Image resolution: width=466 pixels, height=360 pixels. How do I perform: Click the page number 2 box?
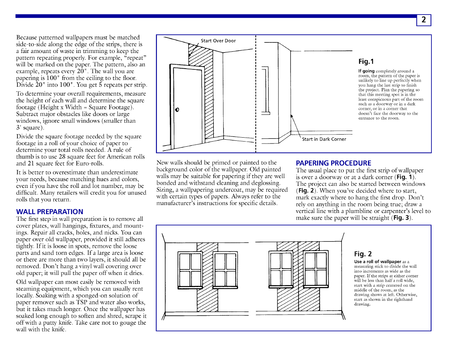[423, 20]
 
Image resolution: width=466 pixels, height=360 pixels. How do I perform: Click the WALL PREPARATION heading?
[49, 212]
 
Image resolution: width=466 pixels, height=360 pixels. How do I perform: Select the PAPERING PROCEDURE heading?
[333, 163]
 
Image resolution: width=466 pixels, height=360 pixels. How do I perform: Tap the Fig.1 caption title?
[366, 62]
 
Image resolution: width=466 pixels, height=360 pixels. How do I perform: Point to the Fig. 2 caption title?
[363, 254]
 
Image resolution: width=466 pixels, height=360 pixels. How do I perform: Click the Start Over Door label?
[218, 41]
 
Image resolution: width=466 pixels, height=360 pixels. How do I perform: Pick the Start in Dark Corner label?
[324, 139]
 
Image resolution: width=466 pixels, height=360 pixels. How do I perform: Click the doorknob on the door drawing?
[177, 109]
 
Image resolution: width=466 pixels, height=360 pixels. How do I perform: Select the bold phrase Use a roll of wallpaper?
[377, 262]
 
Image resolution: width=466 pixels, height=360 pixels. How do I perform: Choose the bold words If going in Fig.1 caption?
[366, 71]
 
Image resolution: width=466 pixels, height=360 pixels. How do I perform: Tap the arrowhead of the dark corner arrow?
[291, 115]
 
